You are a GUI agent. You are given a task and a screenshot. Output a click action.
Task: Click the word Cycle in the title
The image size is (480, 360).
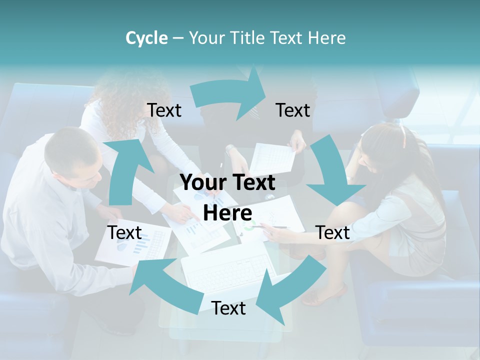pos(146,38)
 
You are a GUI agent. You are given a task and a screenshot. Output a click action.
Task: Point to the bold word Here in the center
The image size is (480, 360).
pos(227,213)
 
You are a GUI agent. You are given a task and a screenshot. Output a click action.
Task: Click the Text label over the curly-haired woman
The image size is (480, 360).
pos(164,110)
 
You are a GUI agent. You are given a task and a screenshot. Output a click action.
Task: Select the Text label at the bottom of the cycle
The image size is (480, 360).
pos(228,308)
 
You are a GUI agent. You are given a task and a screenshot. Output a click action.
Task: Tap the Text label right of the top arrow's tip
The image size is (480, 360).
pos(293,110)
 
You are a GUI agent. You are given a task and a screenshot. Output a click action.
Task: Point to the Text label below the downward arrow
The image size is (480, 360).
pos(332,232)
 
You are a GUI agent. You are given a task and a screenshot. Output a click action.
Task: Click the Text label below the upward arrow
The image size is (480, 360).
pos(125,232)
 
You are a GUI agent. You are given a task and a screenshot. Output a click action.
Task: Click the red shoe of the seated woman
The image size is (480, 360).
pos(325,295)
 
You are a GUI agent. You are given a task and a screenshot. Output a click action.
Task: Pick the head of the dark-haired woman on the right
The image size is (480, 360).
pos(385,145)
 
